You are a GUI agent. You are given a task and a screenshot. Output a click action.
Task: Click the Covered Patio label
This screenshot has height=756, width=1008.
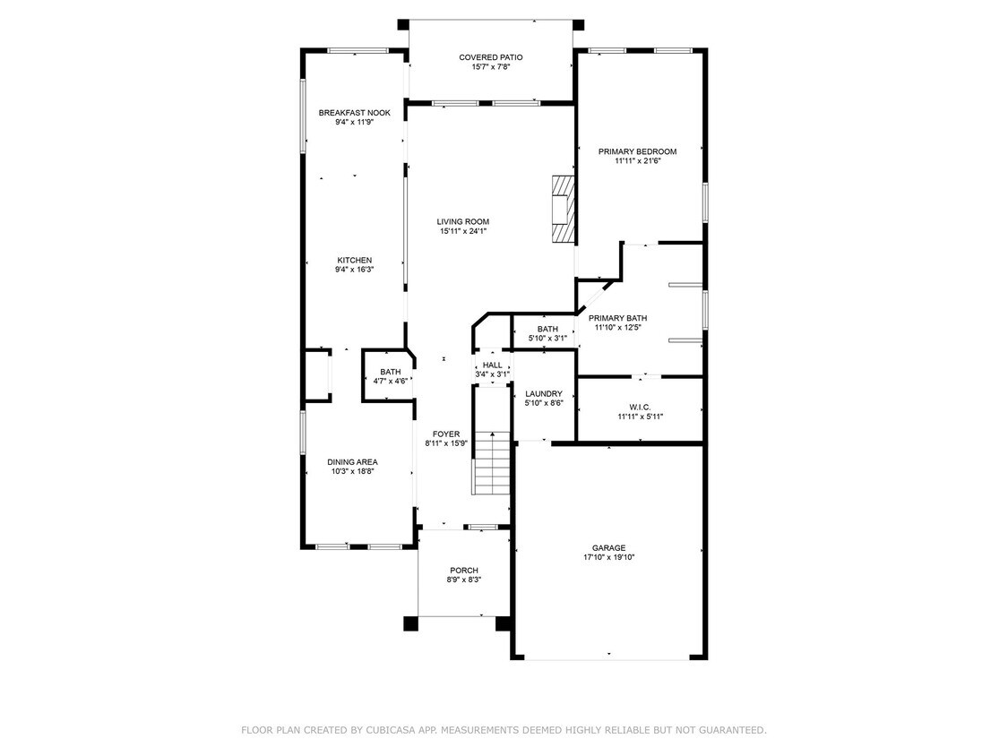click(x=490, y=57)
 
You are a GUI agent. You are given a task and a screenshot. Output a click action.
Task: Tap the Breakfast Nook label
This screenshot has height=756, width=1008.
click(x=354, y=113)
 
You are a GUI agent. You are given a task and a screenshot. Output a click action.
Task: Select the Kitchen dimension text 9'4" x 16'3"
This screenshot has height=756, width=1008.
click(x=354, y=270)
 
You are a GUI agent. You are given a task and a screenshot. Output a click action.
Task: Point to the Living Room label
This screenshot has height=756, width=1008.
click(x=462, y=221)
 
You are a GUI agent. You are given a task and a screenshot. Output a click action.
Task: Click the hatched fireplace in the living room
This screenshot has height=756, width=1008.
click(x=562, y=208)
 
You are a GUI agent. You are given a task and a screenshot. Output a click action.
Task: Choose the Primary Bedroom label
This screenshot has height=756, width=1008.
click(x=637, y=151)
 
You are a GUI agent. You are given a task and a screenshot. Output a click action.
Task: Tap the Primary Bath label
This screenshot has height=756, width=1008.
click(x=617, y=318)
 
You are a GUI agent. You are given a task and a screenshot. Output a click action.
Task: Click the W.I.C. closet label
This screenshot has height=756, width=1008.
click(x=640, y=407)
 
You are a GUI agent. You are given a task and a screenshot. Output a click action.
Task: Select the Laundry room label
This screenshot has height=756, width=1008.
click(x=543, y=393)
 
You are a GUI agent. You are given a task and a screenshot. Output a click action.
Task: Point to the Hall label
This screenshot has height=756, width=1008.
click(x=492, y=365)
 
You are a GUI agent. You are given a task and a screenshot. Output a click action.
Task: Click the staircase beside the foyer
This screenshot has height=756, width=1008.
click(x=491, y=461)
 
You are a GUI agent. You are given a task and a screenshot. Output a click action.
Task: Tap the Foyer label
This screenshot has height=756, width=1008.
click(x=445, y=434)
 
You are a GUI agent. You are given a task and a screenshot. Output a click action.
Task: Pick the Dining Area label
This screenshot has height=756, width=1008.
click(x=352, y=461)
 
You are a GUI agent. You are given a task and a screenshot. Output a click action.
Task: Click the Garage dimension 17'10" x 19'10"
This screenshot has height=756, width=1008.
click(x=608, y=557)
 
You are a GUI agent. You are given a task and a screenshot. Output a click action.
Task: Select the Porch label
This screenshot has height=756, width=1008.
click(x=463, y=570)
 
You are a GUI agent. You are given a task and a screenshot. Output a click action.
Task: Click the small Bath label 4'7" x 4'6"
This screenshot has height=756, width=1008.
click(x=391, y=381)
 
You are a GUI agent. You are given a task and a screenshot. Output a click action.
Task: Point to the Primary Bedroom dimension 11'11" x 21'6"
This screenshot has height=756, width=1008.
click(x=637, y=161)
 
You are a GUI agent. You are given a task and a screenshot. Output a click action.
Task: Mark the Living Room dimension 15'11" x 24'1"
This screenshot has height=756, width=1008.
click(x=462, y=231)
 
